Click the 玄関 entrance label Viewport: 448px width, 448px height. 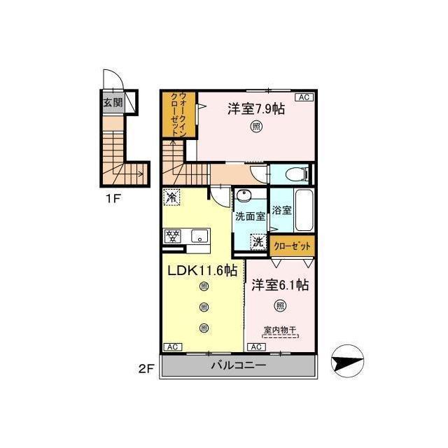tap(113, 102)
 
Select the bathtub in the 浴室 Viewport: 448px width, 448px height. tap(304, 210)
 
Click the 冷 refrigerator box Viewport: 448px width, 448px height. tap(171, 197)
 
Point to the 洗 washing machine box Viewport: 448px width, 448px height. tap(258, 242)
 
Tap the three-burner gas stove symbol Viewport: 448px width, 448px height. tap(173, 237)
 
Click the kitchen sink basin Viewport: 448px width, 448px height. tap(199, 237)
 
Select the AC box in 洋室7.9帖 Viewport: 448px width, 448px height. tap(304, 97)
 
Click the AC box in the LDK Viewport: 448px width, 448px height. tap(173, 347)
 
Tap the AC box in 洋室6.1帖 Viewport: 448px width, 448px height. tap(256, 347)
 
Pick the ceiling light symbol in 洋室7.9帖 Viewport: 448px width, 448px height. tap(256, 126)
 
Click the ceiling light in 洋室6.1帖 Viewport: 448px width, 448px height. tap(280, 306)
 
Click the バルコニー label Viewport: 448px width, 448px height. tap(239, 365)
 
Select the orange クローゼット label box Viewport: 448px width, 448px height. tap(292, 246)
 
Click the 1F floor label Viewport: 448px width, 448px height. tap(113, 198)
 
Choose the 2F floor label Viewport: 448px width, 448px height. tap(146, 369)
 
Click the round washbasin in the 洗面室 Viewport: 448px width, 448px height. tap(244, 196)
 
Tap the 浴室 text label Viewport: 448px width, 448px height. tap(281, 210)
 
